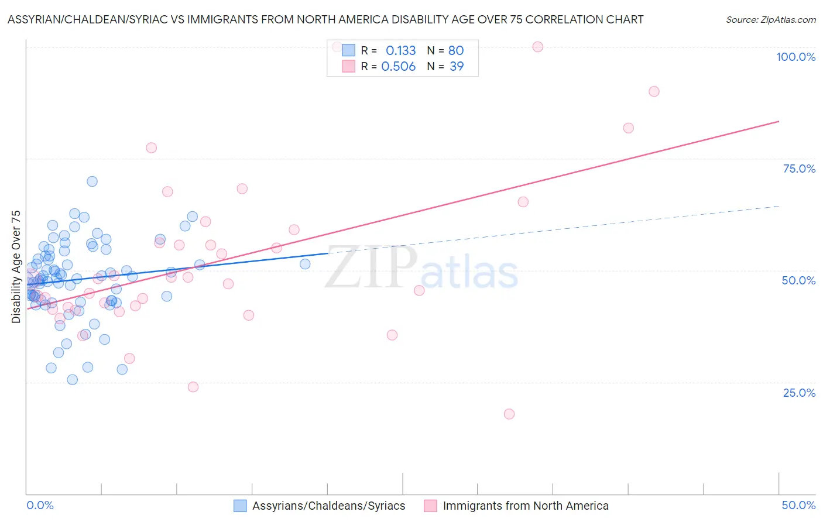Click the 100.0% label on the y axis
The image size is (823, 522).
pyautogui.click(x=795, y=57)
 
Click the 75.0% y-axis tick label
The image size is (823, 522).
pyautogui.click(x=799, y=169)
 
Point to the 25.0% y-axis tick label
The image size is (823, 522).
pyautogui.click(x=799, y=393)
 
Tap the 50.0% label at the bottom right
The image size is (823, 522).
pyautogui.click(x=798, y=505)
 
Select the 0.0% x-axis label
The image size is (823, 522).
pyautogui.click(x=40, y=505)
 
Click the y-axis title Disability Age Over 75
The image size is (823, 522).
pyautogui.click(x=16, y=267)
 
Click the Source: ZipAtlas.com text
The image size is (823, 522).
pyautogui.click(x=770, y=20)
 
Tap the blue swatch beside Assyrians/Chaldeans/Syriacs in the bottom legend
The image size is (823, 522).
pyautogui.click(x=240, y=506)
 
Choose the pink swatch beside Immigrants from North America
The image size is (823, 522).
pyautogui.click(x=430, y=506)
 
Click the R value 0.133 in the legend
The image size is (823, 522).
pyautogui.click(x=400, y=51)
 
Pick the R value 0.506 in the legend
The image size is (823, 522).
pyautogui.click(x=398, y=67)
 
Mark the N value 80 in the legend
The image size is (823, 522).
pyautogui.click(x=456, y=51)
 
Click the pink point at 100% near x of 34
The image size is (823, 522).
pyautogui.click(x=537, y=47)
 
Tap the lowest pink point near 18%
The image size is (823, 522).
pyautogui.click(x=509, y=414)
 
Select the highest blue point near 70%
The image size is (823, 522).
pyautogui.click(x=92, y=181)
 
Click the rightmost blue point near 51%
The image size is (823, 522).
pyautogui.click(x=305, y=264)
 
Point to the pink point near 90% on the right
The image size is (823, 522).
pyautogui.click(x=654, y=91)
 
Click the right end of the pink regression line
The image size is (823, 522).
pyautogui.click(x=779, y=121)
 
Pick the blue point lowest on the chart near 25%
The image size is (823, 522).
pyautogui.click(x=73, y=380)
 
